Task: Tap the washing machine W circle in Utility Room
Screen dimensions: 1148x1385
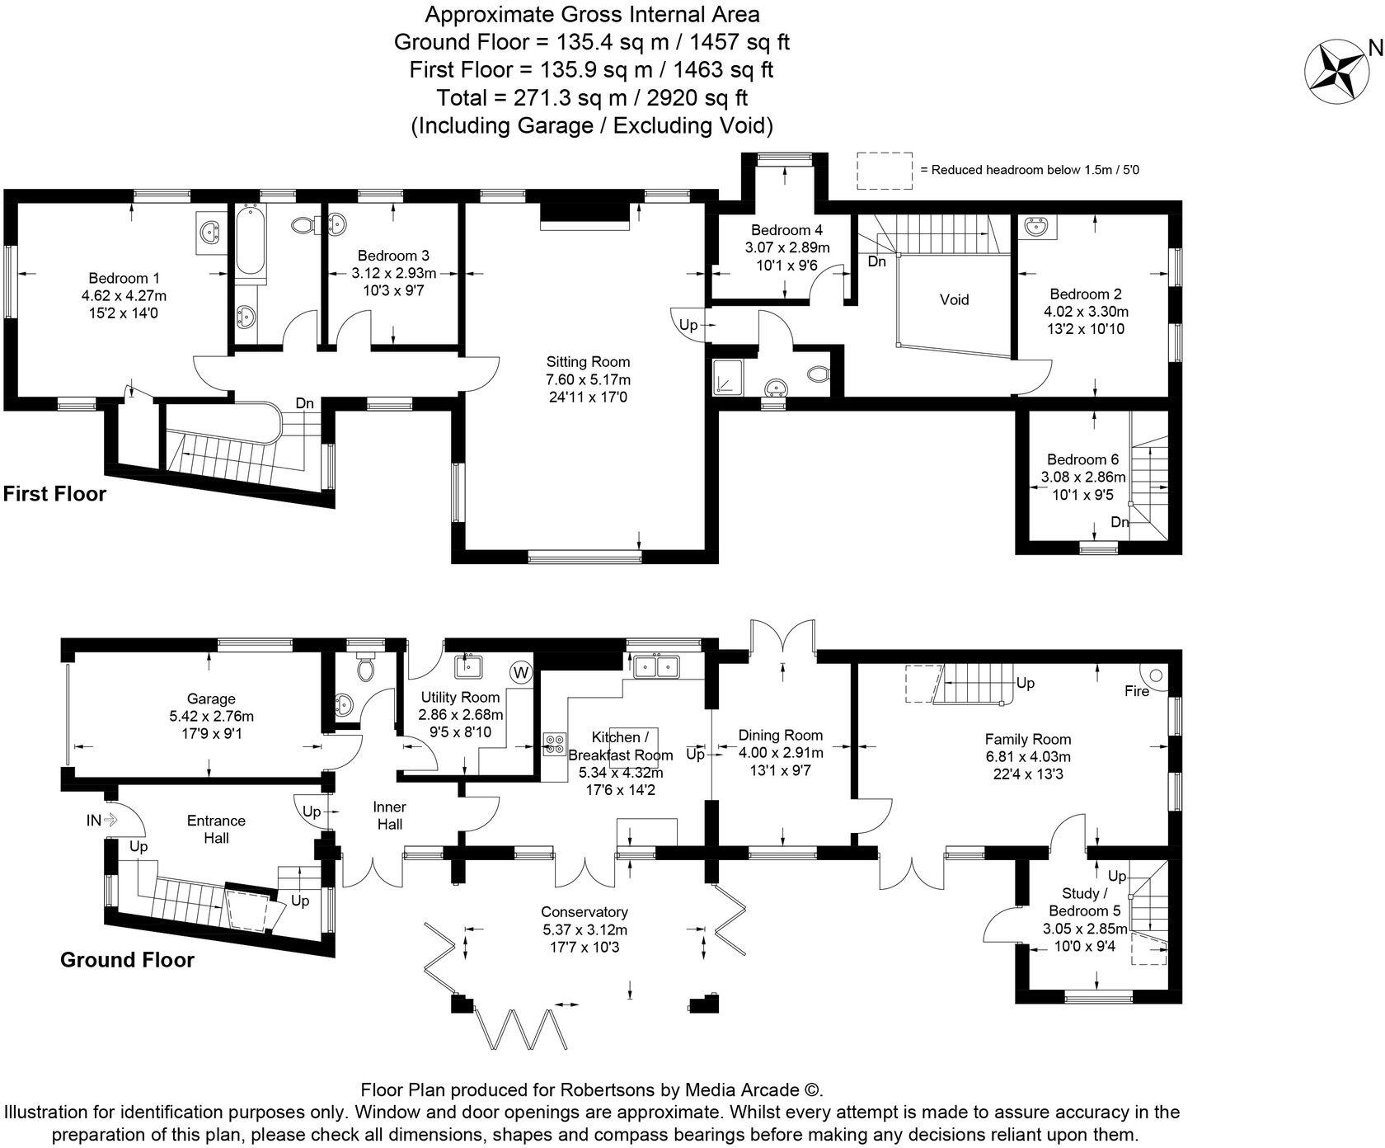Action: coord(520,672)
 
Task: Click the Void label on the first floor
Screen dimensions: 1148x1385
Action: coord(954,299)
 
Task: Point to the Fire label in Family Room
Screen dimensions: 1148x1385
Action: coord(1136,691)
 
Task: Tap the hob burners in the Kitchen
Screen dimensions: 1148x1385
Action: coord(552,745)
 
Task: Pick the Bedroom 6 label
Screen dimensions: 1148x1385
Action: coord(1082,459)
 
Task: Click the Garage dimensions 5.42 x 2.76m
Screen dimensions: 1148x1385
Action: coord(211,716)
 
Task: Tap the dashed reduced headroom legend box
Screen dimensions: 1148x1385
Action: coord(884,170)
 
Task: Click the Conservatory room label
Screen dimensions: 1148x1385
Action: coord(584,911)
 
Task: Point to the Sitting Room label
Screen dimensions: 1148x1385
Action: coord(588,361)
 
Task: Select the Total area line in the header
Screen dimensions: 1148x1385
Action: coord(592,97)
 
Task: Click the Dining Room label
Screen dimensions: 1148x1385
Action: coord(780,735)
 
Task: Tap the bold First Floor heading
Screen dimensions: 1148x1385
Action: coord(54,494)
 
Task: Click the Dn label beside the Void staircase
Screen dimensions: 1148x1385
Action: coord(876,261)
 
